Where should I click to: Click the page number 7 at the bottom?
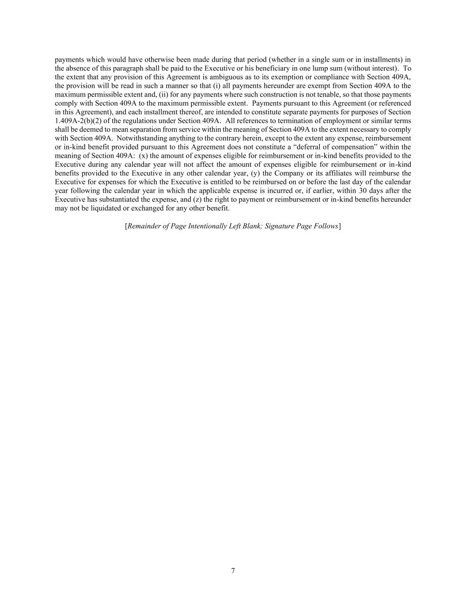pyautogui.click(x=233, y=571)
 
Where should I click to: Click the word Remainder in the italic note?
pyautogui.click(x=143, y=226)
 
